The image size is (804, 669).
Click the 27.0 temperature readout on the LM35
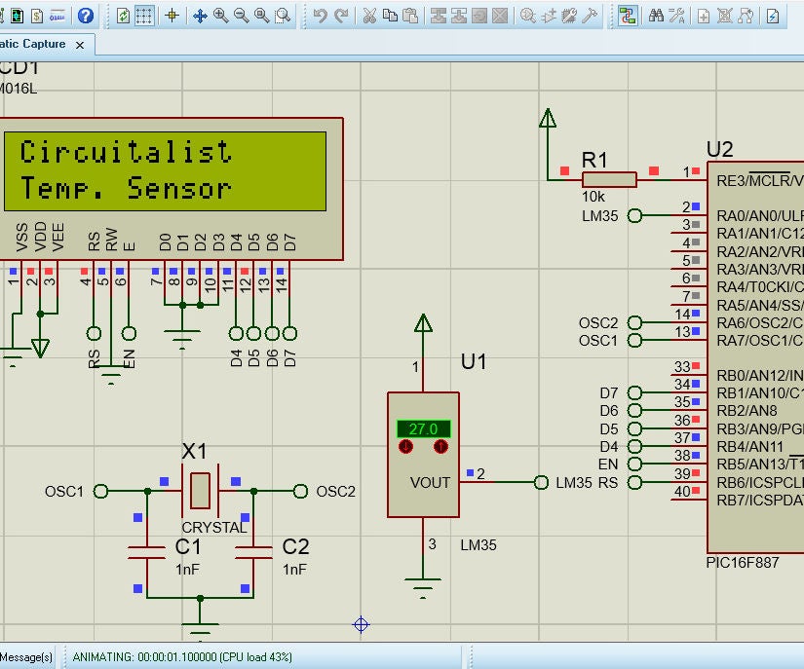(423, 428)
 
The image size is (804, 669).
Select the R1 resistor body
(609, 179)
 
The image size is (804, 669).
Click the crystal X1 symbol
(200, 491)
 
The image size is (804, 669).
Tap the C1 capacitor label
(188, 547)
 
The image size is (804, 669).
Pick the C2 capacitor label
(295, 547)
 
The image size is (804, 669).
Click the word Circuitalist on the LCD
(126, 152)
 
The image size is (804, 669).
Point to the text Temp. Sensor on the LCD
(126, 188)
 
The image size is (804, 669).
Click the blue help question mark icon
(86, 16)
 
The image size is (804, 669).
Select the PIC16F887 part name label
(742, 562)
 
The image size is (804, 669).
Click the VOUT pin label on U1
(430, 482)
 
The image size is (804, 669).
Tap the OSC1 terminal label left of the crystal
(64, 491)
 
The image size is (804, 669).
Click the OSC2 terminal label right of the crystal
(336, 491)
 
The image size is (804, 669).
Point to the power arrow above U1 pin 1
(423, 325)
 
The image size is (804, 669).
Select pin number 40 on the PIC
(682, 492)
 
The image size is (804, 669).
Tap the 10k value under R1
(593, 198)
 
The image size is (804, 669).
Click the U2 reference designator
(719, 150)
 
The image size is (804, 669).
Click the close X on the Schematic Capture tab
(80, 45)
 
